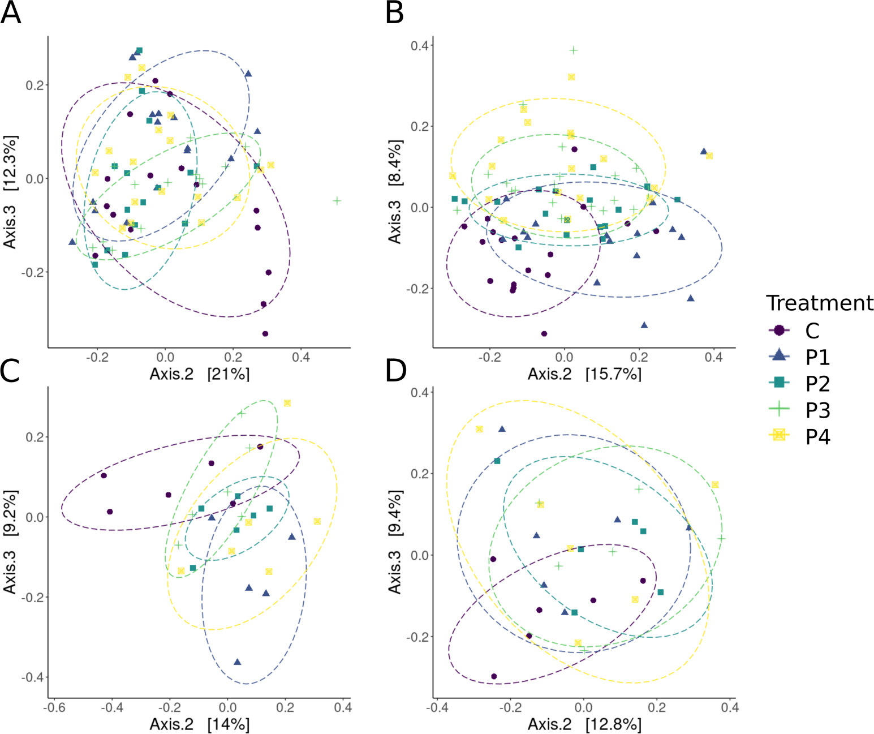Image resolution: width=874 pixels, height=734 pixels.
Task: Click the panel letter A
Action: (x=11, y=12)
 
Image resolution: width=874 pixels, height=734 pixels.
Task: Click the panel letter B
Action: (x=395, y=12)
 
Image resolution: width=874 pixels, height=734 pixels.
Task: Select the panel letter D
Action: (x=396, y=371)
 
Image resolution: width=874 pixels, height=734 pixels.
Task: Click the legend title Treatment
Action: (x=819, y=303)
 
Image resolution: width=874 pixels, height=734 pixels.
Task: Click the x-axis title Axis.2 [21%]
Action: (x=199, y=374)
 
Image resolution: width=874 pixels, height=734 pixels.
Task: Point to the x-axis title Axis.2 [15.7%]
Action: (x=584, y=374)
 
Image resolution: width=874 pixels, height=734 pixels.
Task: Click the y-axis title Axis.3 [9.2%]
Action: (x=10, y=542)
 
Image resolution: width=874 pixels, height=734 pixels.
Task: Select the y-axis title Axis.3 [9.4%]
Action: (x=395, y=542)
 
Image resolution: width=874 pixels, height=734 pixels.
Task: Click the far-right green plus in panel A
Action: (x=337, y=201)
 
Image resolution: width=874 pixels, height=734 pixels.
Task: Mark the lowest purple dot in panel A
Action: (x=265, y=334)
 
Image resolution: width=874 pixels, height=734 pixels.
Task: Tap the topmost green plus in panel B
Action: (x=574, y=50)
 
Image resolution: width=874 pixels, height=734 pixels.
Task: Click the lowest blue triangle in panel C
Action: (x=238, y=662)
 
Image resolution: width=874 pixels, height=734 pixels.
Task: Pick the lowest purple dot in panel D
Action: (x=494, y=676)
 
